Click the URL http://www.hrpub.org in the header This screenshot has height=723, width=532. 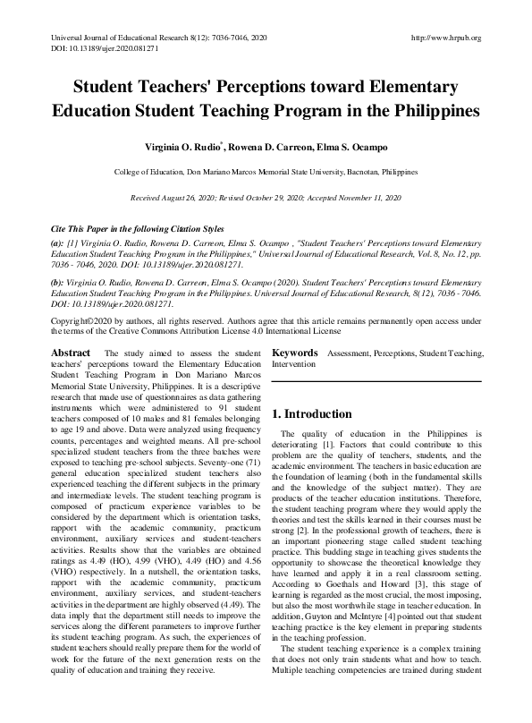point(444,38)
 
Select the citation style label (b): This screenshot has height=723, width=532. point(58,280)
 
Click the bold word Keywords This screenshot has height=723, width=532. point(295,353)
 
